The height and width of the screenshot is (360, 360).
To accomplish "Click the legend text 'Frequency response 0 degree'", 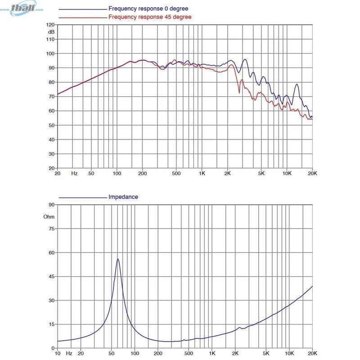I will tap(148, 9).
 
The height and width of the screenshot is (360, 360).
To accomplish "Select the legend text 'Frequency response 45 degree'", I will tap(150, 17).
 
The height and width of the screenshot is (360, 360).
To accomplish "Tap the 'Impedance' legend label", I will tap(123, 197).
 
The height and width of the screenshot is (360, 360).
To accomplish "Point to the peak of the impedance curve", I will tap(118, 259).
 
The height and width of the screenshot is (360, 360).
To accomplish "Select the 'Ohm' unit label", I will tap(49, 216).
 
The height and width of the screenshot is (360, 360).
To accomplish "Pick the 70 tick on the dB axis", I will tap(51, 97).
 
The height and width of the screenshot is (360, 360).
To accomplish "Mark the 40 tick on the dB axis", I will tap(51, 139).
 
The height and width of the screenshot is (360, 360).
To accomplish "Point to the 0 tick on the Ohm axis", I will tap(52, 348).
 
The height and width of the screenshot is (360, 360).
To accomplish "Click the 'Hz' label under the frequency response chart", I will tap(74, 173).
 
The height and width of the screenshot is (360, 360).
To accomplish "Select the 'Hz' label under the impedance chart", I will tap(69, 353).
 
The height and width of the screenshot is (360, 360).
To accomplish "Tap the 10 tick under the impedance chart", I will tap(58, 353).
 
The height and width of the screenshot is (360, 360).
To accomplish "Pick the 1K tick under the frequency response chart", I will tap(202, 173).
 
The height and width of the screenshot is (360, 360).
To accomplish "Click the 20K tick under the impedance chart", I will tap(311, 353).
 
